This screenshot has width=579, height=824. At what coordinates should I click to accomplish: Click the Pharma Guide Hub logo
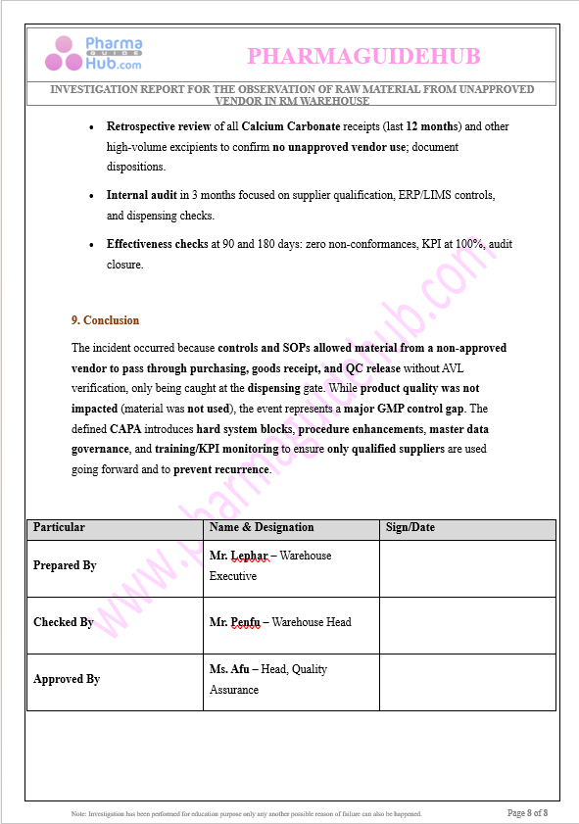[93, 54]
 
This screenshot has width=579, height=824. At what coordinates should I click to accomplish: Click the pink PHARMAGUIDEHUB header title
[363, 57]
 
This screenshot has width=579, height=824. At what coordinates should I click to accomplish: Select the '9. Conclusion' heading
[105, 320]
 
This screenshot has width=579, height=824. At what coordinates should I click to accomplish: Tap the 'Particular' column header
[59, 527]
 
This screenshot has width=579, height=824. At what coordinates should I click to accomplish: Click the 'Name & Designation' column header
[262, 527]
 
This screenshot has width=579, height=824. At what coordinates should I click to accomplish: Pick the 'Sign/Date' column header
[410, 527]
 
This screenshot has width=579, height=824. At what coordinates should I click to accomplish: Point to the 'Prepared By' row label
[65, 565]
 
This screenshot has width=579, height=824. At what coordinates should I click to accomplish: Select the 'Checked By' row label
[64, 622]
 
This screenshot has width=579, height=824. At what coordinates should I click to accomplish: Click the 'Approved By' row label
[67, 679]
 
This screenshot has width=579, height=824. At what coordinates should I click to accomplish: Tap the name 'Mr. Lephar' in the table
[238, 556]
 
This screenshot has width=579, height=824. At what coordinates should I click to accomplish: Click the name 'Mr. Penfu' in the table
[235, 622]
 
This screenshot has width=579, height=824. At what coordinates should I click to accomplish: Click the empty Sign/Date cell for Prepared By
[467, 568]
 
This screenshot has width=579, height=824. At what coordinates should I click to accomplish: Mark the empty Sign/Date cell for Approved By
[467, 682]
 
